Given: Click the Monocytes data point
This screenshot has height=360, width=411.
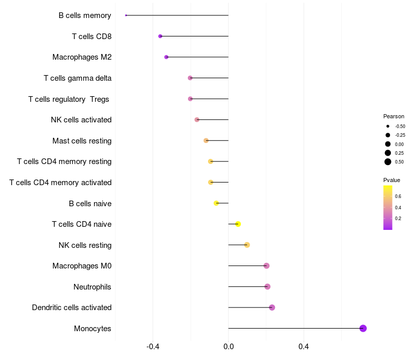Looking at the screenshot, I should tap(363, 328).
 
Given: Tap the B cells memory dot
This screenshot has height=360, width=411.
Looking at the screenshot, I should tap(126, 15).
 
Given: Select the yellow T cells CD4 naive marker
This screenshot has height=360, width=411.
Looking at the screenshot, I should tap(238, 224).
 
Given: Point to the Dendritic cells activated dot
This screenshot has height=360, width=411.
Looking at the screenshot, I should tap(272, 308).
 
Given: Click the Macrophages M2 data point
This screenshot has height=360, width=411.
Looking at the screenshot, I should tap(166, 57).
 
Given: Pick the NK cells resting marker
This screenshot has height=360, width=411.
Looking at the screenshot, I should tap(247, 245).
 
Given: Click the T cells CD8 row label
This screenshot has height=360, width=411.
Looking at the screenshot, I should tap(91, 37).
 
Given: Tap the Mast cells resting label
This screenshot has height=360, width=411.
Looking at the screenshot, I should tap(82, 141).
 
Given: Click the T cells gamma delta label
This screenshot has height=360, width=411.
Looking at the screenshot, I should tap(78, 78).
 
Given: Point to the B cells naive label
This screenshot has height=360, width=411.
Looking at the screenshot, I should tap(90, 203).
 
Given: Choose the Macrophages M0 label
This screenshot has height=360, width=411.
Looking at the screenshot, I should tap(82, 266).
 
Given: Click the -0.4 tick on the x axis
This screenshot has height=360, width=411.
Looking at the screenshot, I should tap(153, 347).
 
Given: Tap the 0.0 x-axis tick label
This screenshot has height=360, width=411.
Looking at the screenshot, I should tap(228, 347).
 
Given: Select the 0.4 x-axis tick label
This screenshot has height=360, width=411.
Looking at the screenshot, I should tap(304, 347).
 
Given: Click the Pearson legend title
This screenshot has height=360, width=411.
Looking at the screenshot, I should tap(394, 116).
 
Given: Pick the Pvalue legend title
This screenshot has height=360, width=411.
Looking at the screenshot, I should tap(391, 180).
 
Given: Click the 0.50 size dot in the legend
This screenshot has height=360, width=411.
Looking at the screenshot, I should tap(388, 162).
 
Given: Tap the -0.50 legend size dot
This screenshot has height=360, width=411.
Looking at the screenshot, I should tap(388, 126).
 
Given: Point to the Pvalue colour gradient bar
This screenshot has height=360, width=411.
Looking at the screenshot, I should tap(388, 207).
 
